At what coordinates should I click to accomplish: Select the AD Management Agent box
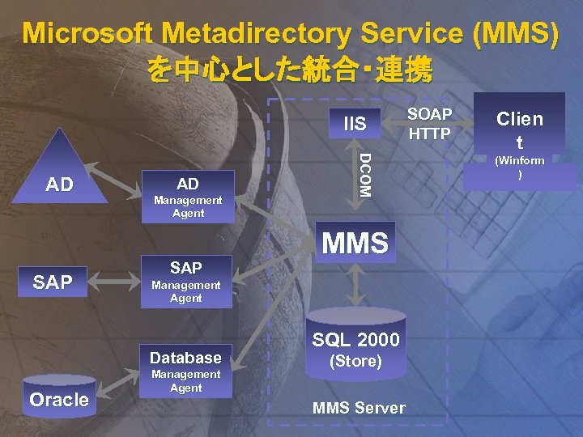187,197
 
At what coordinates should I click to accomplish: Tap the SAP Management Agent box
185,281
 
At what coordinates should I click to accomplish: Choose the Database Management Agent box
185,370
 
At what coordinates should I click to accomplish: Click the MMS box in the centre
355,242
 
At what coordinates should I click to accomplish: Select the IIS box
355,124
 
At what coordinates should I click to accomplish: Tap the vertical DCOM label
364,175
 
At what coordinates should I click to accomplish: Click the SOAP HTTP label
429,124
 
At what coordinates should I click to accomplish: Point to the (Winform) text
520,168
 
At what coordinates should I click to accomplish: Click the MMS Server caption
359,407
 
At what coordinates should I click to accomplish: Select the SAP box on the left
53,282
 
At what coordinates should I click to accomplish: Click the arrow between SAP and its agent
117,282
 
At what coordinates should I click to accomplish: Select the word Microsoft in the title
89,34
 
